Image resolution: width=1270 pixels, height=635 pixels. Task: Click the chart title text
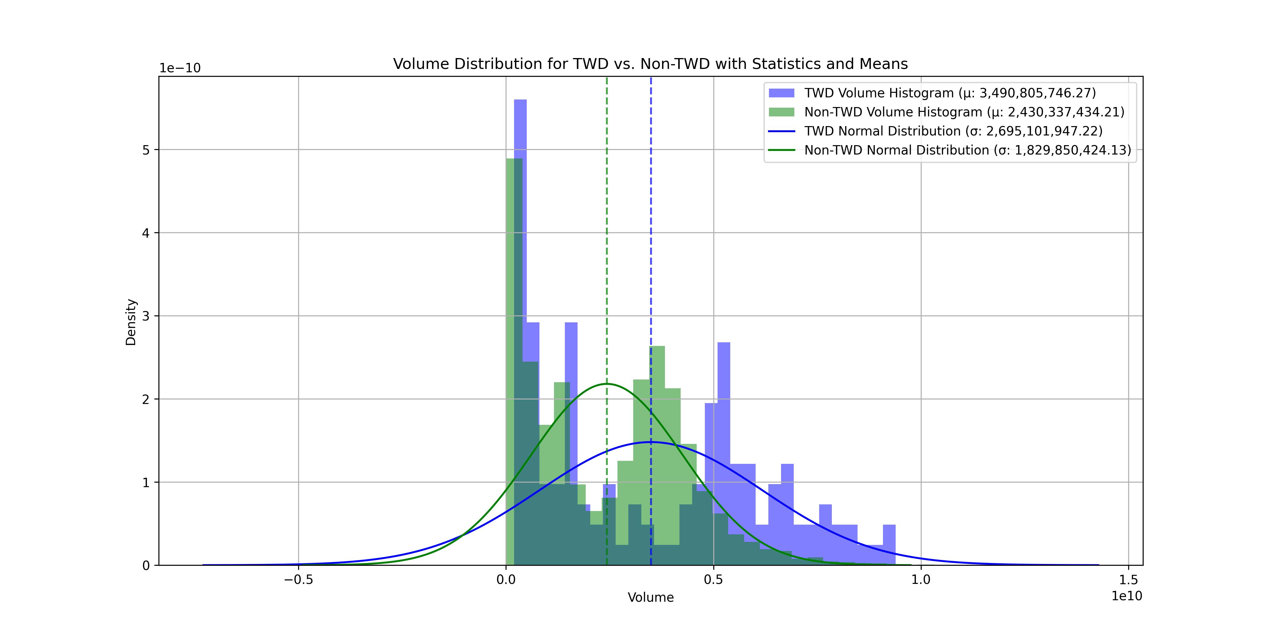tap(650, 64)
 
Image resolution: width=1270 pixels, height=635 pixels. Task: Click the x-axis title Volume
tap(650, 598)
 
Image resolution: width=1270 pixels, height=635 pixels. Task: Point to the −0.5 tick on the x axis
tap(298, 579)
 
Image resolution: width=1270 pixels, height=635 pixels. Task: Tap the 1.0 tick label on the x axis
tap(921, 579)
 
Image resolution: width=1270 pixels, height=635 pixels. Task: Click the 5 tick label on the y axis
tap(146, 150)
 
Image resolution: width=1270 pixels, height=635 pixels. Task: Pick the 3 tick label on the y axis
tap(146, 316)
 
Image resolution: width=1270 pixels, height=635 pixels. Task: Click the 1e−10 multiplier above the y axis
tap(180, 68)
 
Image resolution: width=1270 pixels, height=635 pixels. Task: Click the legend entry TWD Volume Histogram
tap(949, 93)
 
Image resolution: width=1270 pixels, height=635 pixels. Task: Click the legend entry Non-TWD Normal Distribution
tap(967, 150)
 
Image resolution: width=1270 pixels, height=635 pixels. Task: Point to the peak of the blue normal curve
tap(651, 442)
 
